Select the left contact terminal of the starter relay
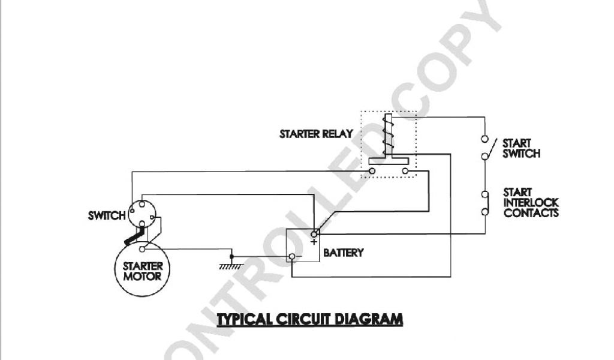[372, 172]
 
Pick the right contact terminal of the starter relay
[406, 172]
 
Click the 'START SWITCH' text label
[521, 148]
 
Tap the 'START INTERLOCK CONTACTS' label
[531, 203]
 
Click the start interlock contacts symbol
[484, 203]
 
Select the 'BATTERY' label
[344, 253]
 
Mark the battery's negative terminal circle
[292, 257]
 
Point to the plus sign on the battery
[314, 242]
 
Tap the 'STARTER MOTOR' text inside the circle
[143, 271]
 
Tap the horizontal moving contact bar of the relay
[389, 161]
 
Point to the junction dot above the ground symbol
[233, 256]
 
